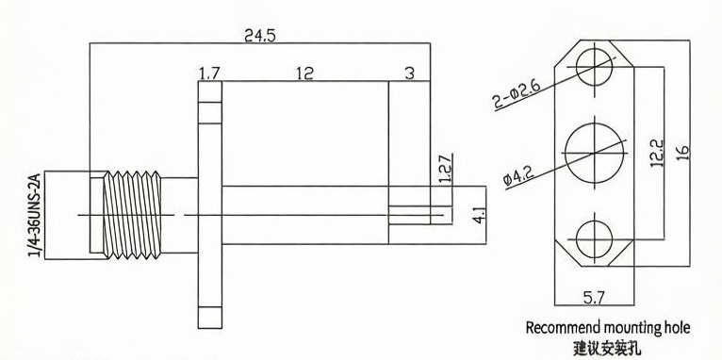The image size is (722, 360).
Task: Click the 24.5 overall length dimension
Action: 260,36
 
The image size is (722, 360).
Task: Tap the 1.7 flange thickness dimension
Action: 209,74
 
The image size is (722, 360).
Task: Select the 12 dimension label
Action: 304,74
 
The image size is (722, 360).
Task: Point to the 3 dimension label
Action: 410,74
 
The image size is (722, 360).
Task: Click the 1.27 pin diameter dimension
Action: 446,169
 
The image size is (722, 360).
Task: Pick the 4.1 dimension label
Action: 480,216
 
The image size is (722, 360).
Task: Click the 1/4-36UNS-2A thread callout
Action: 36,215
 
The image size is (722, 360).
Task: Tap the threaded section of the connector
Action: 132,215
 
